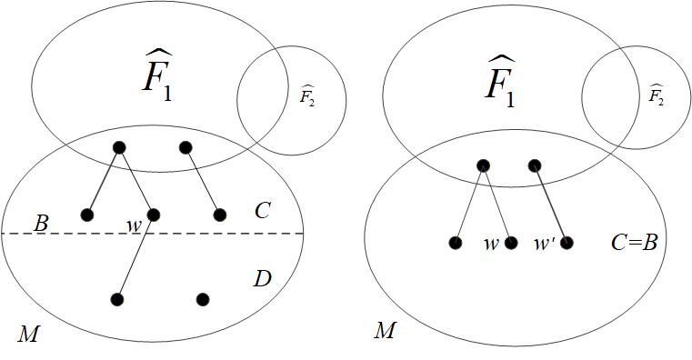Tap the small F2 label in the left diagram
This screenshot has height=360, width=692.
tap(307, 96)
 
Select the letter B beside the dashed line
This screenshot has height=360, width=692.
tap(41, 223)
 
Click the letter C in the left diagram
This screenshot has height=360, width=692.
tap(263, 211)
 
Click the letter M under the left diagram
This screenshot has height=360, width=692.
tap(28, 335)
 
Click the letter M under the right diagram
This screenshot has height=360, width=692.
tap(385, 330)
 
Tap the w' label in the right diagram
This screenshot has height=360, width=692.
tap(544, 243)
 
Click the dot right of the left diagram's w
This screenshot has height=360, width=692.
tap(154, 215)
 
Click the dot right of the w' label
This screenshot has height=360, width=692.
tap(567, 243)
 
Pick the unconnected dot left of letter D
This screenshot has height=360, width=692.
tap(203, 299)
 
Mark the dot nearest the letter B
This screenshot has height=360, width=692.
tap(87, 215)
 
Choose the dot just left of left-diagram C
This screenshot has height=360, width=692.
tap(219, 215)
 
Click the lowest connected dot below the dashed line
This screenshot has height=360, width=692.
tap(118, 299)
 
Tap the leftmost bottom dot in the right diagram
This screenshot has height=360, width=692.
tap(455, 243)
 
